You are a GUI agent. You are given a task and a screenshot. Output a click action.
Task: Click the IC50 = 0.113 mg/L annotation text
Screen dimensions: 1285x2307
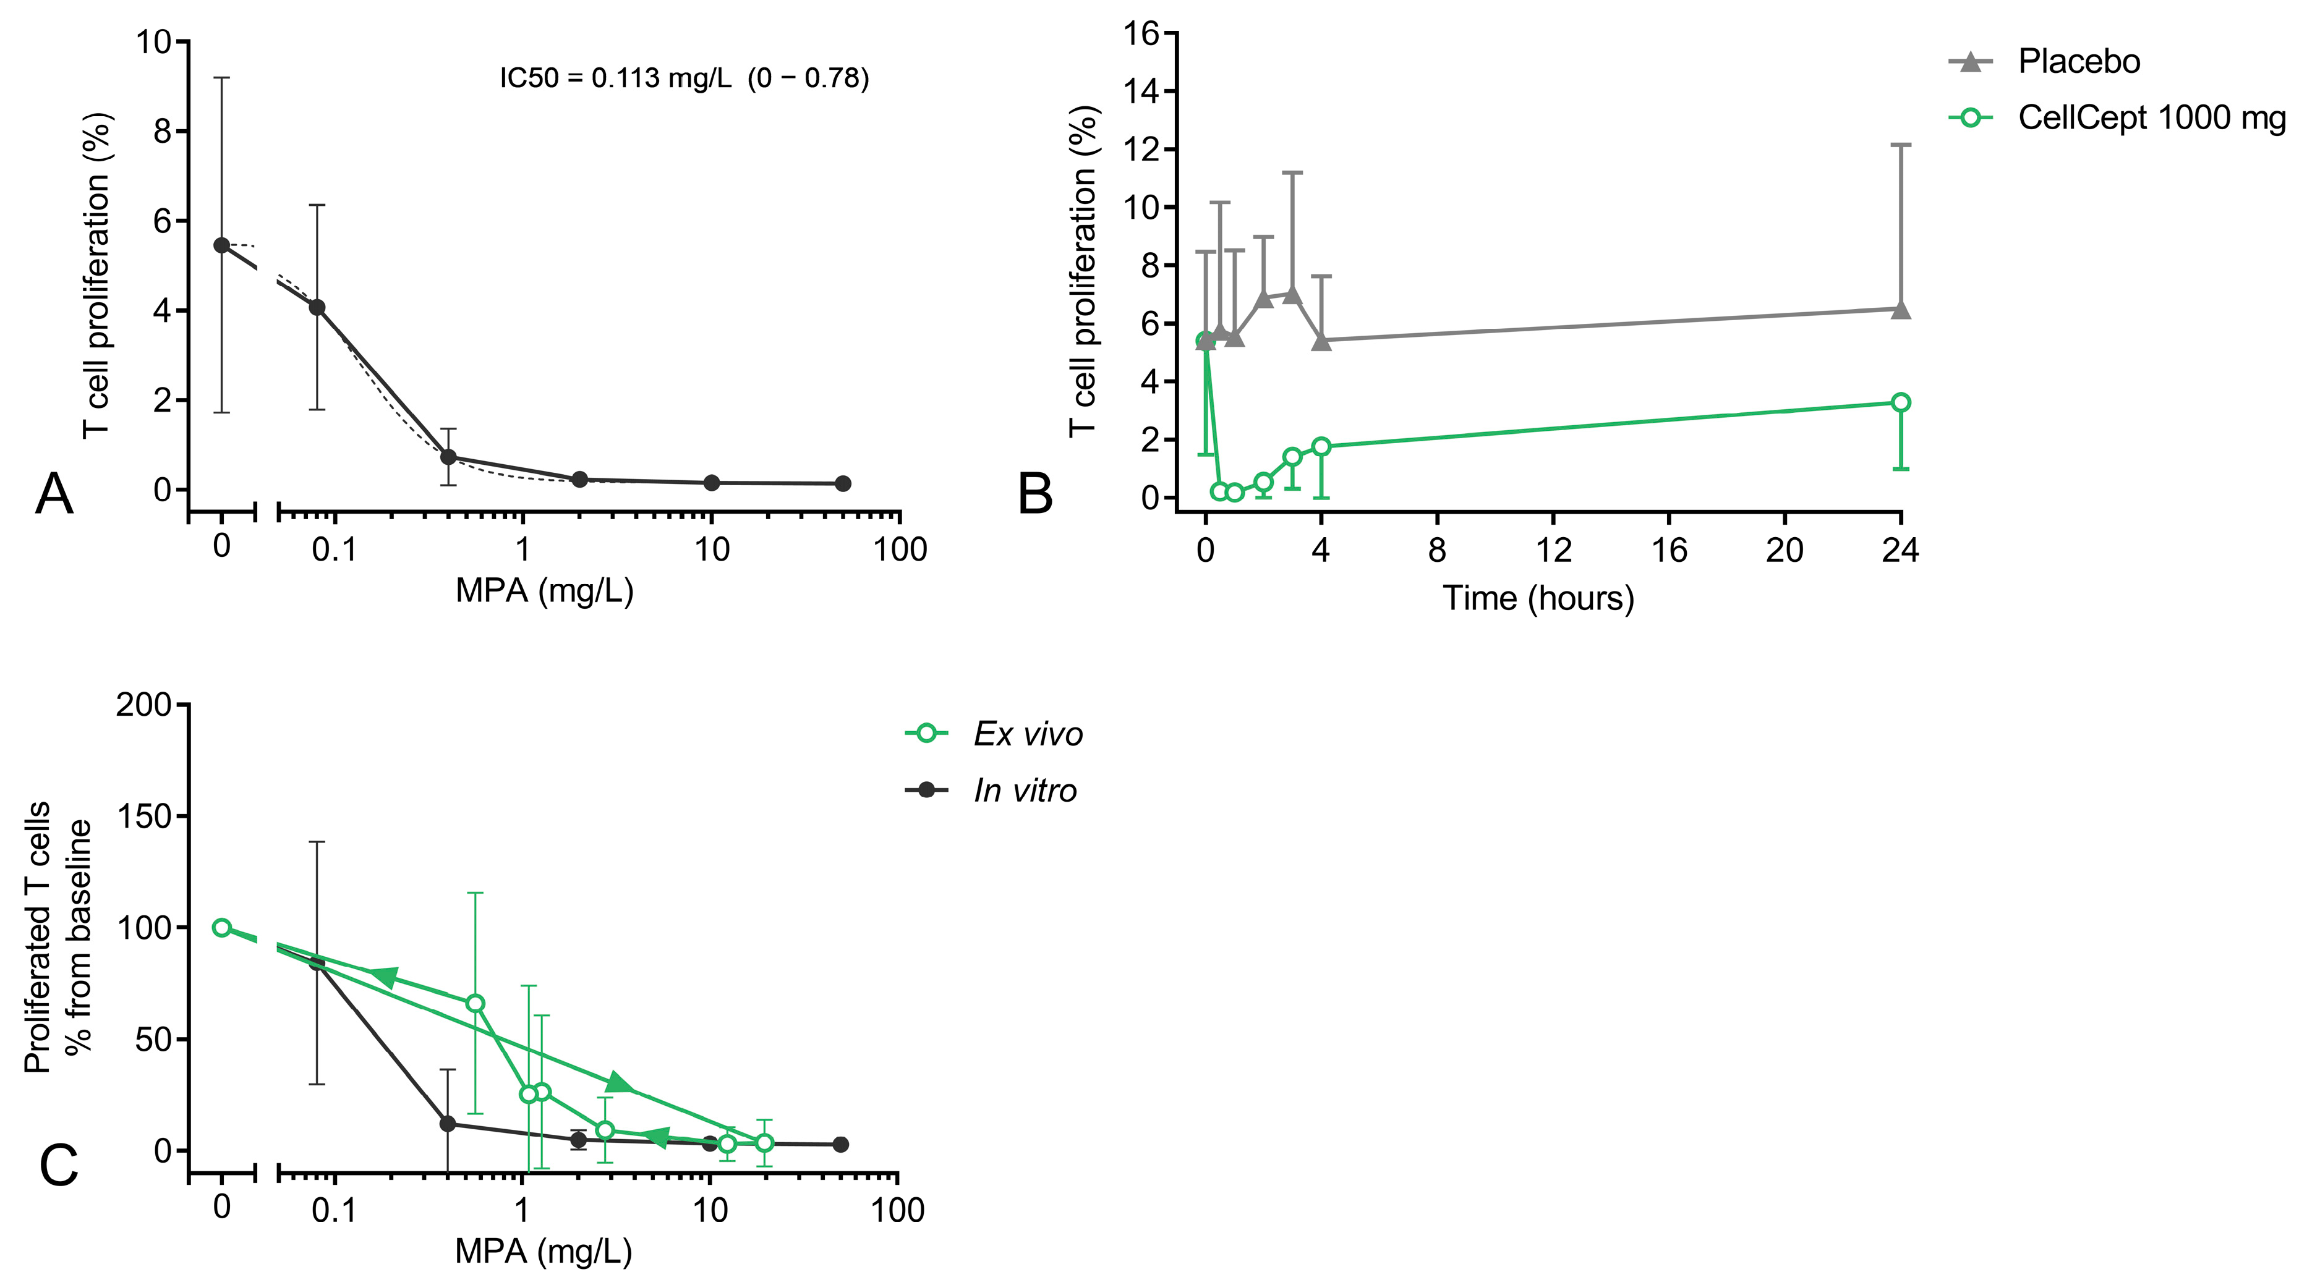684,78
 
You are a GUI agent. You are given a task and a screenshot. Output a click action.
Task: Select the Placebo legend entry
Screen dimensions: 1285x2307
2078,62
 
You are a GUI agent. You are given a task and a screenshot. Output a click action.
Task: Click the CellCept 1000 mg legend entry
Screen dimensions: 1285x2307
2149,118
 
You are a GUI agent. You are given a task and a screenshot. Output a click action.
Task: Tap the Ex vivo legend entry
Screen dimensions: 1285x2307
1027,735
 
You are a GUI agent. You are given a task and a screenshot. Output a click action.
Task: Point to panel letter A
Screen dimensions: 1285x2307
54,495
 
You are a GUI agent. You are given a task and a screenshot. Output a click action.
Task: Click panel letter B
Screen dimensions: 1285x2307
1035,495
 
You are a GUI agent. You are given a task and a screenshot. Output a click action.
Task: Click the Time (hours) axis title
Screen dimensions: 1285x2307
1538,598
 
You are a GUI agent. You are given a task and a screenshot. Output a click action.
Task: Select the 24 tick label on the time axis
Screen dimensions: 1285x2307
1900,551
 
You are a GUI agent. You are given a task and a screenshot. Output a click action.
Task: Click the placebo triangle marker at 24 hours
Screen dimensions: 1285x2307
1900,310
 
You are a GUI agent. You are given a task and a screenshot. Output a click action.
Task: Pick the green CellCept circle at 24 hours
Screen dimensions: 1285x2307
1900,403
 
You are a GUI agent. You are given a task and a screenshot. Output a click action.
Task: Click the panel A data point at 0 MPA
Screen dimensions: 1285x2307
221,245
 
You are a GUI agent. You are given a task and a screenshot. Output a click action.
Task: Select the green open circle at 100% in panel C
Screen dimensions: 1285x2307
221,928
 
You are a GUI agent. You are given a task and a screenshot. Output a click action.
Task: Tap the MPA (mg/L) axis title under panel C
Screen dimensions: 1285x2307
544,1251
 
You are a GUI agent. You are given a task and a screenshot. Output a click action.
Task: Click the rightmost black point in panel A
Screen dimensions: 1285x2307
842,483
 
